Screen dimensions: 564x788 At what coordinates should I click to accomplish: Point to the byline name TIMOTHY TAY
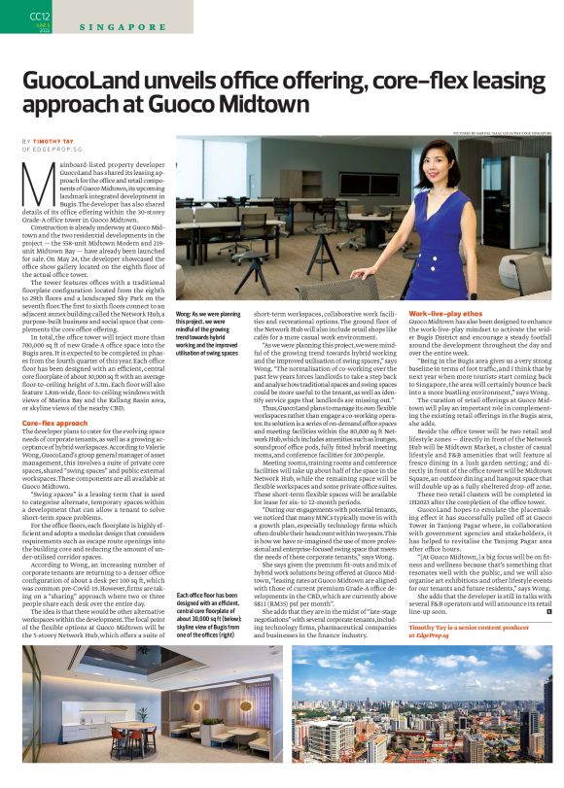(65, 142)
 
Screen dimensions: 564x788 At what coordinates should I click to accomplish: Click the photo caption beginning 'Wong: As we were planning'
(209, 335)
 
